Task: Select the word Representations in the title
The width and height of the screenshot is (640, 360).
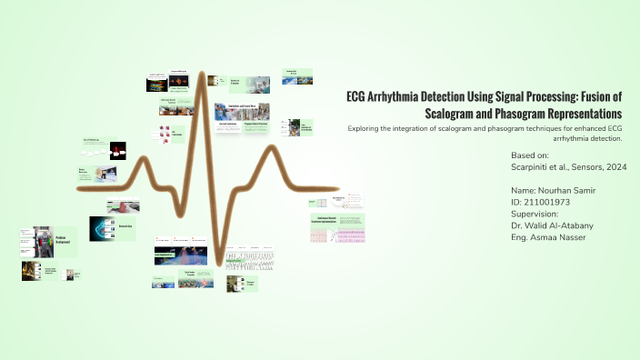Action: (589, 115)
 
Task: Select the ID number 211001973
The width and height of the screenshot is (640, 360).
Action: (554, 202)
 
